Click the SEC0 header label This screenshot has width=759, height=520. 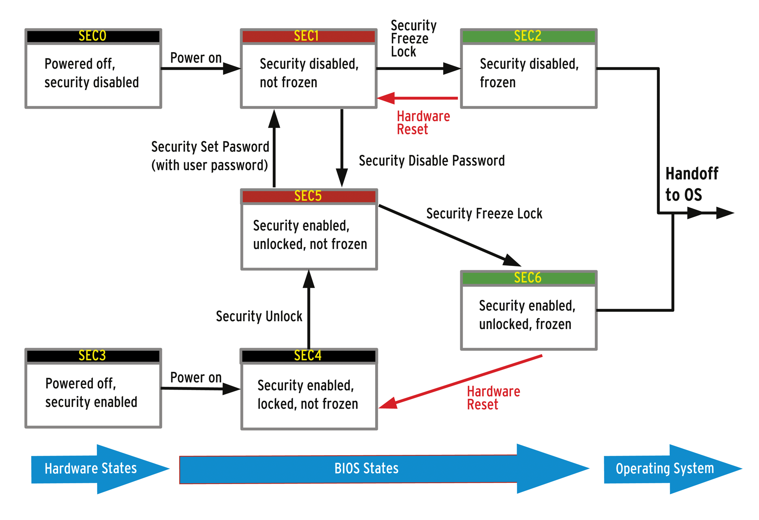coord(93,36)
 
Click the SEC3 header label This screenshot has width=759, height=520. coord(93,356)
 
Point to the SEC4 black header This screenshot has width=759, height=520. coord(308,356)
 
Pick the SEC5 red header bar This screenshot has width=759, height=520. coord(308,196)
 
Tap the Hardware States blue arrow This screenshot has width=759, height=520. coord(91,469)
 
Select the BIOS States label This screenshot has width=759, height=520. coord(366,469)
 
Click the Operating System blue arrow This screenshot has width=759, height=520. coord(665,469)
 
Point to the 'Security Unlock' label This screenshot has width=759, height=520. coord(259,317)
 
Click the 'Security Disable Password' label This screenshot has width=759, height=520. coord(432,161)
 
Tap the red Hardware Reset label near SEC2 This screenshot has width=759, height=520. coord(423,123)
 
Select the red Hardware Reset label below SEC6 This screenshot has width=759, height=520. coord(493,398)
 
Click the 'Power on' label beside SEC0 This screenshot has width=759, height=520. coord(196,58)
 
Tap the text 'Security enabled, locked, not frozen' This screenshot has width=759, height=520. coord(308,394)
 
